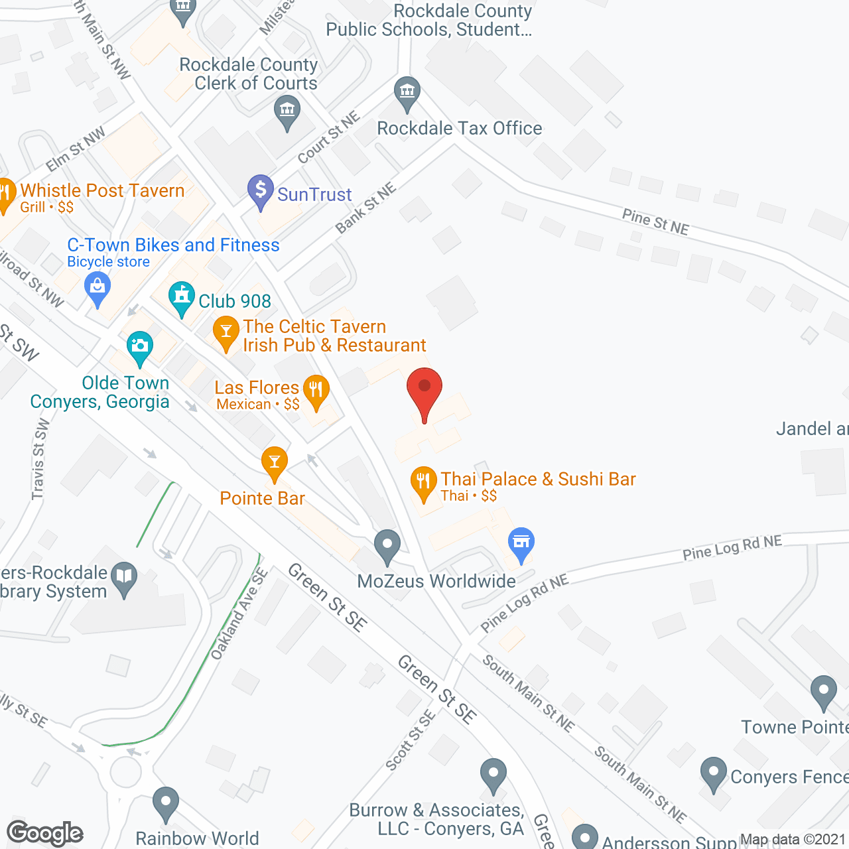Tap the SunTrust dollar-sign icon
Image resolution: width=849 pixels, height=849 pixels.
[x=261, y=191]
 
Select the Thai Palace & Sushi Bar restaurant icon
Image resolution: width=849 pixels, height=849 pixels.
[x=423, y=482]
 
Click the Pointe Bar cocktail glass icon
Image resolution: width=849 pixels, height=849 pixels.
[x=274, y=462]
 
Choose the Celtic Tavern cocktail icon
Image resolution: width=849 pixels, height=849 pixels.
[x=226, y=332]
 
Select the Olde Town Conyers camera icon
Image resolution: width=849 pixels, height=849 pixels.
[x=139, y=347]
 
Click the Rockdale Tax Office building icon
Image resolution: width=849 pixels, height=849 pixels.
[x=407, y=92]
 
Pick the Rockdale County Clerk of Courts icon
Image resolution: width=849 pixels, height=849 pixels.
[x=287, y=111]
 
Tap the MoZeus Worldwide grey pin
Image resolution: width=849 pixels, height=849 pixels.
[x=387, y=545]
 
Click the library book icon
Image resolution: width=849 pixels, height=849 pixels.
[x=124, y=577]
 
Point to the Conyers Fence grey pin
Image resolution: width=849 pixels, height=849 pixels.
[x=714, y=773]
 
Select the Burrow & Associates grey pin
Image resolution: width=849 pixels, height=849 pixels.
[x=493, y=774]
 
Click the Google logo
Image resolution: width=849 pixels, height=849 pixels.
[x=45, y=833]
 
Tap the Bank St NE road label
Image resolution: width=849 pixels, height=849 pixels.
[x=365, y=208]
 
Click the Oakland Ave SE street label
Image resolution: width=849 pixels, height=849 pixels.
[x=239, y=614]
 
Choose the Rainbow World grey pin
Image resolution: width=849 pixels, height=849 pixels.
[x=165, y=802]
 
